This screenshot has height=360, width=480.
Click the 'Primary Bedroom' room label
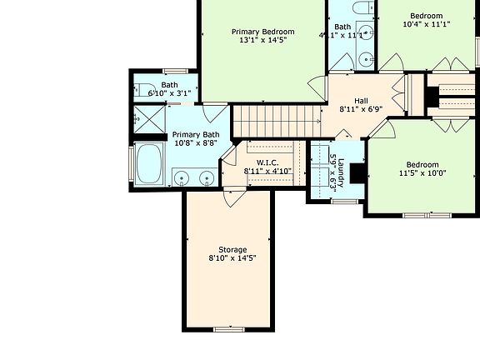coord(262,31)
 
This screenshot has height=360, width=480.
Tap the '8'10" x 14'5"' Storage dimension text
coord(232,259)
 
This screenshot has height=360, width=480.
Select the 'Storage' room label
coord(232,249)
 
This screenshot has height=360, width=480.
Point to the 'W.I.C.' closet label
coord(267,162)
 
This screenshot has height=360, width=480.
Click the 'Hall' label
coord(360,100)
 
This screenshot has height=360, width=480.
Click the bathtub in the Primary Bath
coord(150,163)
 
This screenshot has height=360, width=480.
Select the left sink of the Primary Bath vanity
coord(182,177)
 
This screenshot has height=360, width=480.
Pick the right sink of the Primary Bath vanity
coord(206,177)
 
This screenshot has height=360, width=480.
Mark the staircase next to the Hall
coord(275,120)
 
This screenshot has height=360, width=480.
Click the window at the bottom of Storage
coord(227,330)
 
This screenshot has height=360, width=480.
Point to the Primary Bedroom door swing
coord(317,85)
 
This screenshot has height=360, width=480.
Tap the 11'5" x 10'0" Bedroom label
coord(422,164)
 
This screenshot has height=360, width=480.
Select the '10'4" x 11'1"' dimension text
coord(427,24)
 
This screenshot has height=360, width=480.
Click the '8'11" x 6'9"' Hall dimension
coord(360,109)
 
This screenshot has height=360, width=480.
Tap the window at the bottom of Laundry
coord(344,201)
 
